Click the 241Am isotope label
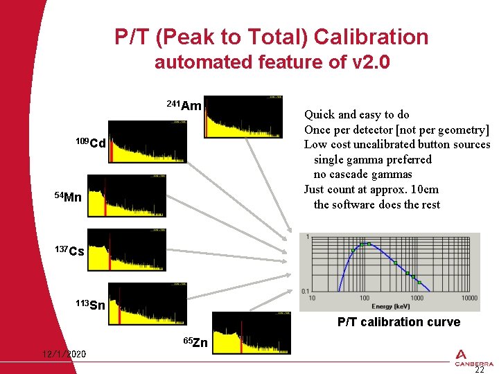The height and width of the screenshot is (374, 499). [184, 106]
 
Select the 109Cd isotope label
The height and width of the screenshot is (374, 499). [91, 143]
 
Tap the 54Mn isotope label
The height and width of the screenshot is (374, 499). [68, 197]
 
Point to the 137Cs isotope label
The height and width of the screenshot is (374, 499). [70, 251]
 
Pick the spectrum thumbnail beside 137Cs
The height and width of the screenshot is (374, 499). [126, 249]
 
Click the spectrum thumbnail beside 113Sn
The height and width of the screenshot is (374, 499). [146, 303]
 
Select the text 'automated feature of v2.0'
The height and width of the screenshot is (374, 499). [272, 62]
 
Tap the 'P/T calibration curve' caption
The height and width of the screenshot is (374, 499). [399, 322]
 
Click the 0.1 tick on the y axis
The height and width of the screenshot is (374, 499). [304, 292]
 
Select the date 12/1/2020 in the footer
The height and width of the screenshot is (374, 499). [64, 355]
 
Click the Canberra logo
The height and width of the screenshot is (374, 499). [474, 358]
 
